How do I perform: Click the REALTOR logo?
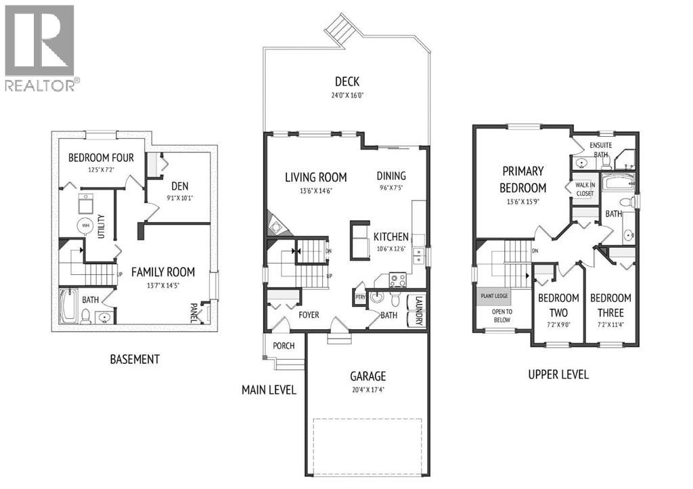pyautogui.click(x=40, y=47)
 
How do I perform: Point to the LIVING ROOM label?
pyautogui.click(x=315, y=177)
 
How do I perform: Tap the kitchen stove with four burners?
pyautogui.click(x=397, y=281)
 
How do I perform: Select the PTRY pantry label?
pyautogui.click(x=360, y=297)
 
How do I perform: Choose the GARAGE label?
pyautogui.click(x=367, y=376)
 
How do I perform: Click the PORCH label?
pyautogui.click(x=284, y=345)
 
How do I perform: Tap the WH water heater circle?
pyautogui.click(x=85, y=226)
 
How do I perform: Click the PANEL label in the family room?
pyautogui.click(x=194, y=312)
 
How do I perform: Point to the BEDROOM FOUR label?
pyautogui.click(x=101, y=158)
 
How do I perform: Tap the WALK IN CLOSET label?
pyautogui.click(x=584, y=189)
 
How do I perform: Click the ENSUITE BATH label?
pyautogui.click(x=600, y=150)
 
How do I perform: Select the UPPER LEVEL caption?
pyautogui.click(x=558, y=374)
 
